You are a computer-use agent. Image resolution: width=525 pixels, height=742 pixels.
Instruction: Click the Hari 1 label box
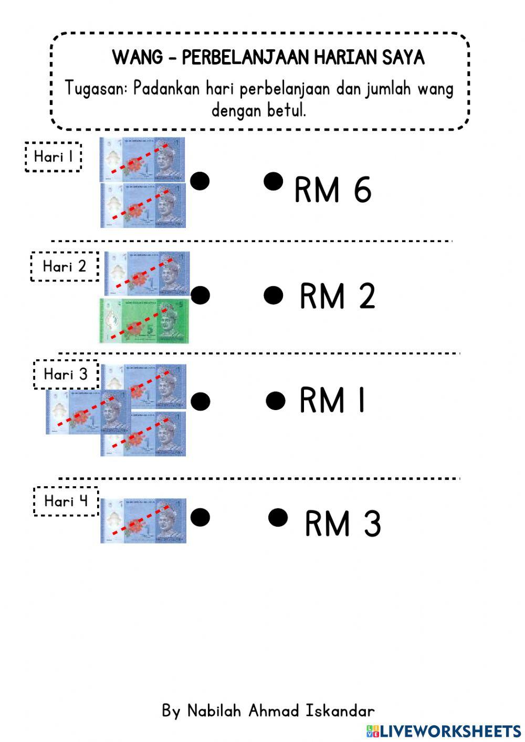pos(54,156)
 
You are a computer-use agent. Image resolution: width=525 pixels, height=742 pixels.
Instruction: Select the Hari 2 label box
pos(65,266)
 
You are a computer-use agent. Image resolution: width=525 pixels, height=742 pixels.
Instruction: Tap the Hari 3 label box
pos(66,374)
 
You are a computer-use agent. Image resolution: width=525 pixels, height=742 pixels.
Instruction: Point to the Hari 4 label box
pos(66,501)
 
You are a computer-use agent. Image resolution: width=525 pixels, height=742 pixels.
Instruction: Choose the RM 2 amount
pos(337,296)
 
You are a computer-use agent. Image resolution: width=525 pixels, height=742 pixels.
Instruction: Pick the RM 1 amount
pos(332,401)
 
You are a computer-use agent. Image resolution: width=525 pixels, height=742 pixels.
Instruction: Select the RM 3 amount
pos(342,524)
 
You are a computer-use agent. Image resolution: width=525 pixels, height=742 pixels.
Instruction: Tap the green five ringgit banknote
pos(144,321)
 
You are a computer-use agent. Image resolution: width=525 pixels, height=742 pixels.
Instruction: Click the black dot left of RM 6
pos(273,182)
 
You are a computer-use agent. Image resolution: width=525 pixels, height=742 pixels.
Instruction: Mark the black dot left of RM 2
pos(273,295)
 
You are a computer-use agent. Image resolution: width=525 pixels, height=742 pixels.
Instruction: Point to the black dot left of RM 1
pos(275,401)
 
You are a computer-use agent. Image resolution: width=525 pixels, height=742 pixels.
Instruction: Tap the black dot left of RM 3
pos(278,517)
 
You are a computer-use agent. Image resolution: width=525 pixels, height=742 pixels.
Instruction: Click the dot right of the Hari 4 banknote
pos(200,517)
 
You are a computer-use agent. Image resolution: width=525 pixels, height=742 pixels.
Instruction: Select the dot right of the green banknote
pos(200,295)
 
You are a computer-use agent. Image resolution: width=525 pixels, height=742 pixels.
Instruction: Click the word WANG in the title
pos(138,57)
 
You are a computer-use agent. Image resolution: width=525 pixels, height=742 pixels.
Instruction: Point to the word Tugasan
pos(96,88)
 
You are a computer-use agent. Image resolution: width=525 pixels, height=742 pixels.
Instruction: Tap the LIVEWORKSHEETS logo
pos(444,730)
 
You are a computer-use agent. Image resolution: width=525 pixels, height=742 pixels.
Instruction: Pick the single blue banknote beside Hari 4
pos(143,520)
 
